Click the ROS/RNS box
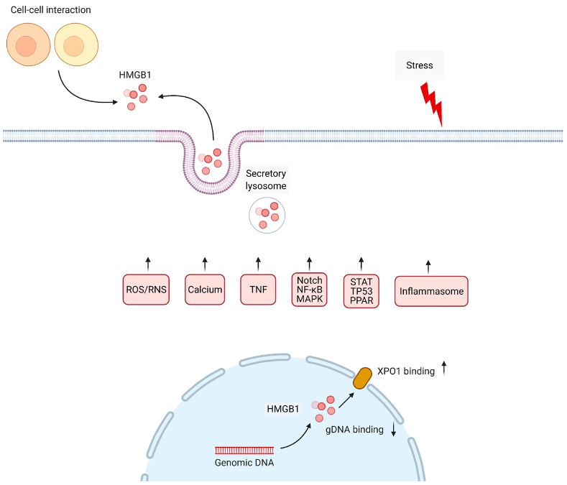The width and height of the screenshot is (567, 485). pos(146,290)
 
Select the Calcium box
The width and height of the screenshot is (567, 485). pos(205,290)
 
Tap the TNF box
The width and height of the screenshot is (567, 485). pos(258,290)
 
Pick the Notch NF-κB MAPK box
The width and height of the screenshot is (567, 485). pos(310,290)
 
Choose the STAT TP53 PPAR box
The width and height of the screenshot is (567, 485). pos(361,291)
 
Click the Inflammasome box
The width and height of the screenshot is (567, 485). pos(431,291)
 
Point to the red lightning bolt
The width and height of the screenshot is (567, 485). pos(432,103)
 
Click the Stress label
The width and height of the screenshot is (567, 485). pos(420,65)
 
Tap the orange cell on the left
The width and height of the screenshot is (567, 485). pos(28,45)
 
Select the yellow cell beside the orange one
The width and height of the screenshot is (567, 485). pos(76,45)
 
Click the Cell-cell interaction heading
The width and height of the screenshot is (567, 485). pos(50,10)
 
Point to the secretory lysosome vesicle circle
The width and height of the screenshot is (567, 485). pos(267,215)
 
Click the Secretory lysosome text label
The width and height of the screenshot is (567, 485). pos(266,180)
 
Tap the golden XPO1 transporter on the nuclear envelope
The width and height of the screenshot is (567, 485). pos(362,378)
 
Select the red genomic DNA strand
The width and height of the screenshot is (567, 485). pos(244,451)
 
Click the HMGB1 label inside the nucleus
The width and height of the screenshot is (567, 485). pos(282,409)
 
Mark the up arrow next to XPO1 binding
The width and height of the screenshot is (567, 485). pos(444,368)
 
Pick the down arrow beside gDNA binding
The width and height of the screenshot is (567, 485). pos(394,429)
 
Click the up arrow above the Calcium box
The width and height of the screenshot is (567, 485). pos(205,264)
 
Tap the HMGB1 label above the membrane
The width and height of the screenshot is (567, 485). pos(135,75)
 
